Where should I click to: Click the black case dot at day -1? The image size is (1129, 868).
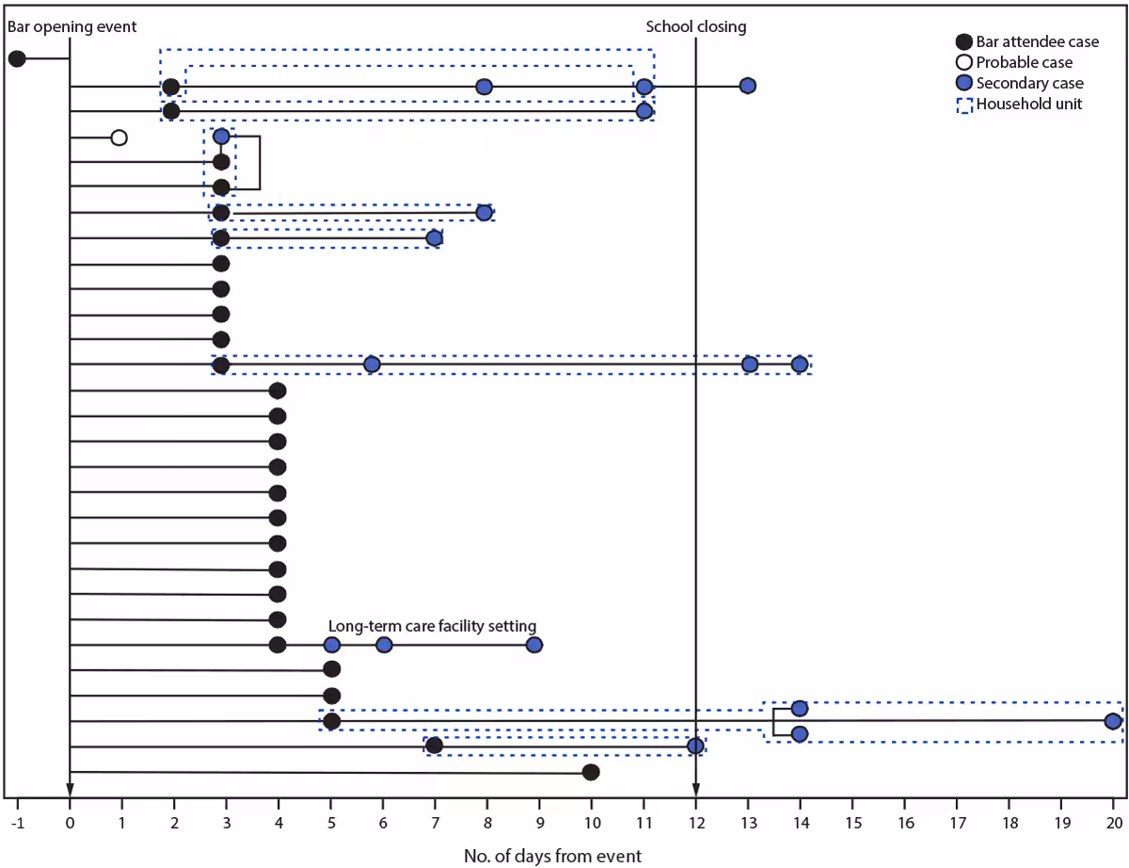(x=17, y=59)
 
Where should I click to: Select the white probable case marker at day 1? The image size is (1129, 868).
(x=119, y=137)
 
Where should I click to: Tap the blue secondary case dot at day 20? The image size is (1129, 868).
(x=1113, y=721)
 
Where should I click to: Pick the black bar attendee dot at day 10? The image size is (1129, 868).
(x=591, y=772)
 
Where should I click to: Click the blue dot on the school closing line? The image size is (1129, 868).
(x=695, y=746)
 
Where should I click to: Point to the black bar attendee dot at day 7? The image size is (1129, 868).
(x=434, y=746)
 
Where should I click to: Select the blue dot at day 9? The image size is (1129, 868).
(x=534, y=645)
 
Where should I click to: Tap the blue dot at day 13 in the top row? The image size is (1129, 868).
(x=747, y=86)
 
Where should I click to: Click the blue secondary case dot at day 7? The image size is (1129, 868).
(x=434, y=238)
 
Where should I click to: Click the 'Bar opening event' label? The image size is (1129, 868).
(x=72, y=26)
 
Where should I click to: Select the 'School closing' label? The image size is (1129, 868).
(x=695, y=26)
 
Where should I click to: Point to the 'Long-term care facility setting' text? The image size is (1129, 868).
(x=432, y=625)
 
